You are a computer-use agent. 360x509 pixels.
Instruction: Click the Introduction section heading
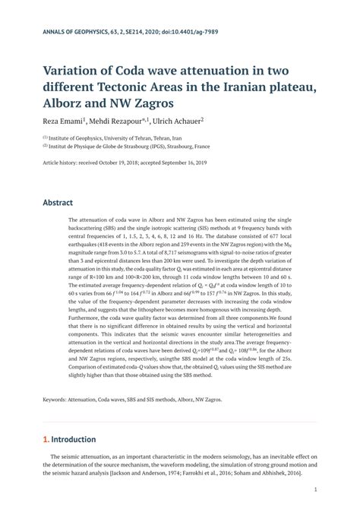74,439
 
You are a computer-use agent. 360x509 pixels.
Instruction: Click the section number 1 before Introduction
46,439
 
